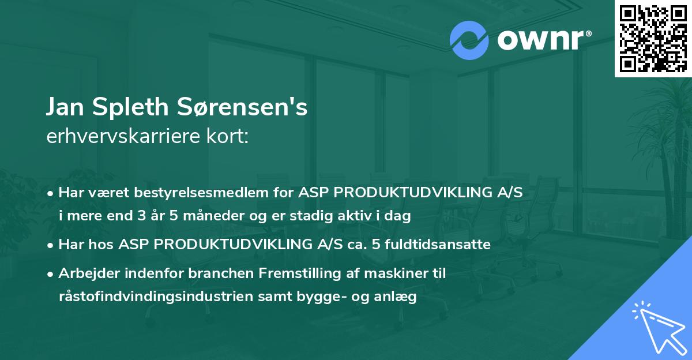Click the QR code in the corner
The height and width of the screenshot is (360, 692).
[653, 38]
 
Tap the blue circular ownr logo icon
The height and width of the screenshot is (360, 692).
[469, 40]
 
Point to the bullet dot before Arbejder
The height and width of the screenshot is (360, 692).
[51, 273]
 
